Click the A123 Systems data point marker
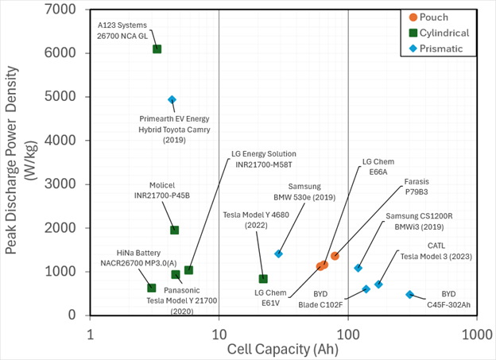157,49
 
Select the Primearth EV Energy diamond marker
172,100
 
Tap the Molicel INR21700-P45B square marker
175,230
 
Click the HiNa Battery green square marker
152,288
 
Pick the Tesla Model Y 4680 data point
263,279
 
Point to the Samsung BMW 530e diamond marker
278,254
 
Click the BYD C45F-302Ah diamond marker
410,295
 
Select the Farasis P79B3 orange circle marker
335,256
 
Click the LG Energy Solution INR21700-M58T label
262,159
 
